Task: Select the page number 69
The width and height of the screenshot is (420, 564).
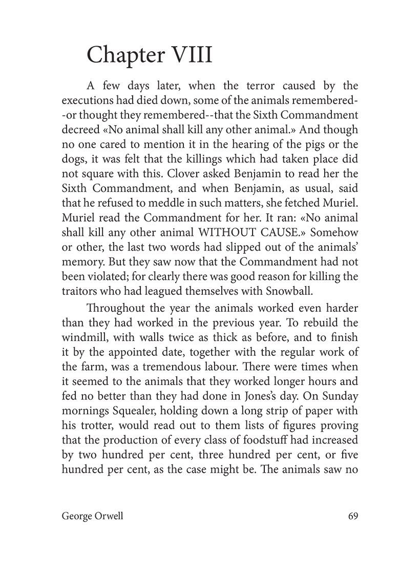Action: (352, 516)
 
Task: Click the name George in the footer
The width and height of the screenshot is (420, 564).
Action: (77, 516)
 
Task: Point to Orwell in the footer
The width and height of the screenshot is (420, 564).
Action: (109, 516)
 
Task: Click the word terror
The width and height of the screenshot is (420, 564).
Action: (228, 86)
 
